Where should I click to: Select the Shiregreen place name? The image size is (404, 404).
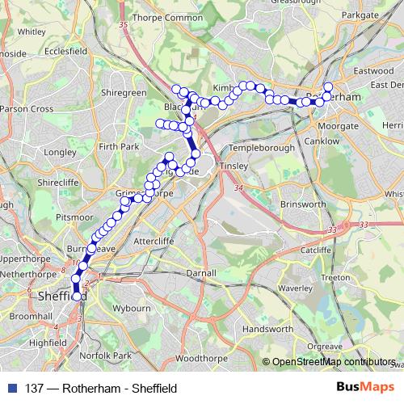124,93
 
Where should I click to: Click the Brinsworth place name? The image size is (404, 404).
301,205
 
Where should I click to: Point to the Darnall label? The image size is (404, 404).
200,273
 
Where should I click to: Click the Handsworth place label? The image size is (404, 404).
267,330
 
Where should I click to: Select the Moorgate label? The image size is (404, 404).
332,127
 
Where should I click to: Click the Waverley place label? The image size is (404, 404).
295,287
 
